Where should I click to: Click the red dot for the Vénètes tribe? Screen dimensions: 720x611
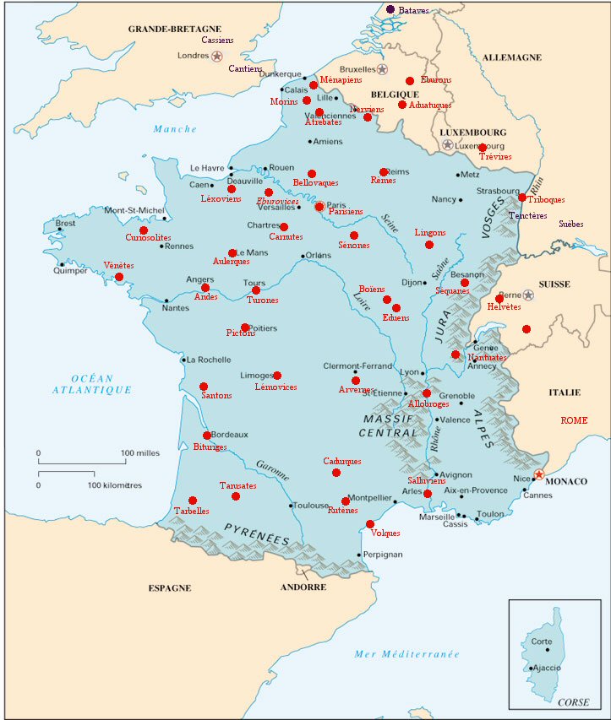119,277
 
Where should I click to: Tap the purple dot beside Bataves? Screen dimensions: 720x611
390,9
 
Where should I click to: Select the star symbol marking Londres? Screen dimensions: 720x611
217,57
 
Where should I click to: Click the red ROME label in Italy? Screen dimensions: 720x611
574,420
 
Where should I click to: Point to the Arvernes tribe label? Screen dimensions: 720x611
356,390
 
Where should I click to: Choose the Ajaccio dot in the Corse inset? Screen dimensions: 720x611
530,669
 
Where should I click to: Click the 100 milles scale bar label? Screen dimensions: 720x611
140,453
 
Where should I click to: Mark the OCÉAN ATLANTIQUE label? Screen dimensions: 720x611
91,384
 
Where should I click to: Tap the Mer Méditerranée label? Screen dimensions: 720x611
406,654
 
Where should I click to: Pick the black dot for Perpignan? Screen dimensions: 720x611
358,555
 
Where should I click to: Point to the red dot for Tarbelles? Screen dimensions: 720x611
193,501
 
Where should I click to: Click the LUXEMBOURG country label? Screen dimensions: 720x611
473,133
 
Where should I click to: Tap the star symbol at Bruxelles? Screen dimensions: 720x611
382,69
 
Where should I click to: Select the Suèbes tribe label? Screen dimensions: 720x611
570,225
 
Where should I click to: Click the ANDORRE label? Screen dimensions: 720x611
303,587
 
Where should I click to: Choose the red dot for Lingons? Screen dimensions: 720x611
429,245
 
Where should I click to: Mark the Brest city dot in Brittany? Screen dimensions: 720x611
59,229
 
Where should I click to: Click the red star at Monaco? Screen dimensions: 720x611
539,474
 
